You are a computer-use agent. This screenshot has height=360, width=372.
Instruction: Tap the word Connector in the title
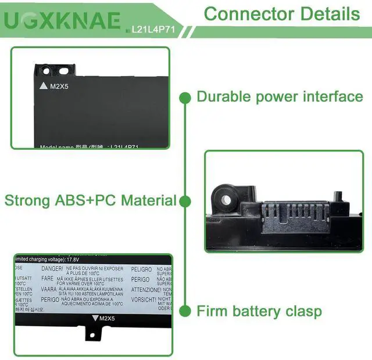click(x=242, y=14)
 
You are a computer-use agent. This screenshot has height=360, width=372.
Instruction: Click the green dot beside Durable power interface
click(x=184, y=97)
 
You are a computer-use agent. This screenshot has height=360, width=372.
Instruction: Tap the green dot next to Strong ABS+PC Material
click(x=184, y=201)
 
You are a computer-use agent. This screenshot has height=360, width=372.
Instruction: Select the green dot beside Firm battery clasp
click(x=184, y=311)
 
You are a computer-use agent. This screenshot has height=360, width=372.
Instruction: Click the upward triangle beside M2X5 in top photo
click(x=43, y=86)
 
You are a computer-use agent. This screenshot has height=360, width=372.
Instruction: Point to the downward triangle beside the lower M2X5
click(x=96, y=318)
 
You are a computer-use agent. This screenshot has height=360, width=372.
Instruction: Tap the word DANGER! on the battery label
click(x=52, y=269)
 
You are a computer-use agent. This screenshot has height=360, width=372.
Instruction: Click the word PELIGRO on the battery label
click(x=140, y=269)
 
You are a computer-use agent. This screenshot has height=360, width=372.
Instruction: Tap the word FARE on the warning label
click(x=48, y=278)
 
